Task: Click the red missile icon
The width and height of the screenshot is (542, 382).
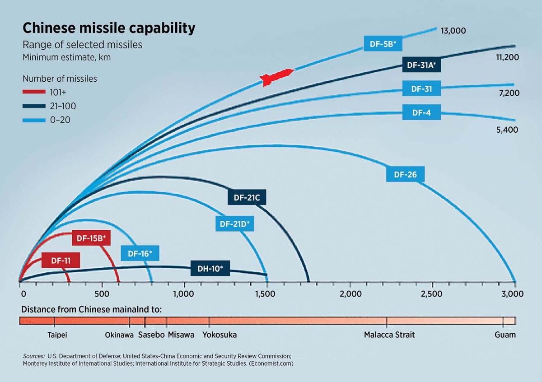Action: pos(277,77)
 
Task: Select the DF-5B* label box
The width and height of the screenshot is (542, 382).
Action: pos(383,44)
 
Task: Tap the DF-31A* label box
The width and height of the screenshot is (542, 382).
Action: pos(421,65)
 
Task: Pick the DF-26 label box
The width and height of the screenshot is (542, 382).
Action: pos(405,174)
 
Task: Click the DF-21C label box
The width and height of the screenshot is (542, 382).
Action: pos(247,197)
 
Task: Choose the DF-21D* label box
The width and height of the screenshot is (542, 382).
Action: pos(234,224)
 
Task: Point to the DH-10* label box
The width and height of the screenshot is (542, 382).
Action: pos(210,269)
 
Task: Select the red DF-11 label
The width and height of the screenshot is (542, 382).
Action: pos(61,261)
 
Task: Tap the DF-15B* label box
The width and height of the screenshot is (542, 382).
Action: pos(91,238)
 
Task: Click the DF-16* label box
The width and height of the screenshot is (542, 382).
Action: pos(140,254)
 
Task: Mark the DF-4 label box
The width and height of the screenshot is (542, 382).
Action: pos(421,112)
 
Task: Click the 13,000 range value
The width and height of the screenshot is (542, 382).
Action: pos(453,31)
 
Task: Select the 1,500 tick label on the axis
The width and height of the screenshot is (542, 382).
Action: pos(265,294)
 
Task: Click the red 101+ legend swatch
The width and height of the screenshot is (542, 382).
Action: pos(34,92)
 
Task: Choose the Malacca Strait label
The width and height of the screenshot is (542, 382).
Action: pos(389,335)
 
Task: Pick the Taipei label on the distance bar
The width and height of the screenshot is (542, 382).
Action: pos(57,335)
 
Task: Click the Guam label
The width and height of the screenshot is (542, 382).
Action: pos(505,335)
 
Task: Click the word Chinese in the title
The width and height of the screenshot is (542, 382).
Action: pos(51,28)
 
